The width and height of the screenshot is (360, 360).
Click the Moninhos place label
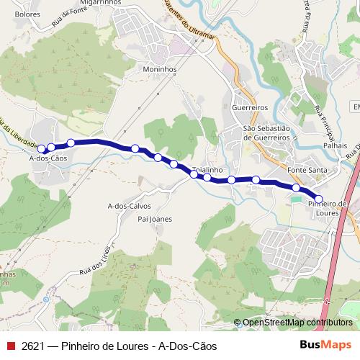coord(159,70)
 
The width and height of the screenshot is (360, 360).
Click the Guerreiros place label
coord(250,107)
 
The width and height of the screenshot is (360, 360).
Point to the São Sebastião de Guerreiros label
coord(266,132)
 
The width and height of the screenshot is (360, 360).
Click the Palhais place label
coord(335,145)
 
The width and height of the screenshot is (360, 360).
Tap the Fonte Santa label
coord(307,170)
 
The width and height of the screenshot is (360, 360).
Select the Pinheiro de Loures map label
coord(328,208)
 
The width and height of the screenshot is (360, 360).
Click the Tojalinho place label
coord(207,171)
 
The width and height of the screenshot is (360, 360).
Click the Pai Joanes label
coord(155,219)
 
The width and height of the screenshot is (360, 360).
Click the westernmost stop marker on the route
coord(42,149)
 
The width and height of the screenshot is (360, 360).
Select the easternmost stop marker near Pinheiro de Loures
coord(319,198)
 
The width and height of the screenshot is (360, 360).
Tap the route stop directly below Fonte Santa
coord(296,187)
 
